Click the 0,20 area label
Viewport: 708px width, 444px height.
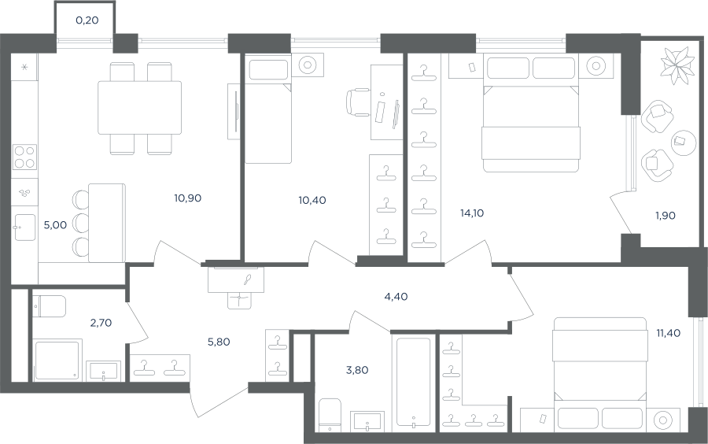[x=87, y=20]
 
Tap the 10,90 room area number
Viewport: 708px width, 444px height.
[x=187, y=198]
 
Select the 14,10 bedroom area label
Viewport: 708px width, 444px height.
[x=472, y=213]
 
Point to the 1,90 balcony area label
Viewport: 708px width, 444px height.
[x=666, y=216]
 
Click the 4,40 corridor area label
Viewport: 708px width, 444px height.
[x=396, y=297]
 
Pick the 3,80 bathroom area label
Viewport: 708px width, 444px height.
[x=357, y=370]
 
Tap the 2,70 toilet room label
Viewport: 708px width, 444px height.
[x=101, y=323]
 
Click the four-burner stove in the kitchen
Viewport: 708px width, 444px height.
[x=24, y=157]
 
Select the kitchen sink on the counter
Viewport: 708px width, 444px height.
[x=25, y=228]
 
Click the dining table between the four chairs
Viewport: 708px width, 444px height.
[x=140, y=108]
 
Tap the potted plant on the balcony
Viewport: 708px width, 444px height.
[x=677, y=65]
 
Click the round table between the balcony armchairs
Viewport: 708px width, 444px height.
[x=684, y=143]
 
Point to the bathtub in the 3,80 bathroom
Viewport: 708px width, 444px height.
[x=413, y=382]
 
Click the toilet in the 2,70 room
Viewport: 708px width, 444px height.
[x=50, y=306]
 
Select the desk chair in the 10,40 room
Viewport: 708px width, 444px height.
[x=359, y=102]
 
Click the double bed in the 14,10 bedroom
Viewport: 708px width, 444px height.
[x=531, y=113]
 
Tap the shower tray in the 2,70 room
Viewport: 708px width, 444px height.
[x=57, y=361]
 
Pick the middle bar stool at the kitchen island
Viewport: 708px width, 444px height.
[x=81, y=223]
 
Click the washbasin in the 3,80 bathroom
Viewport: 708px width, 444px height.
[x=367, y=420]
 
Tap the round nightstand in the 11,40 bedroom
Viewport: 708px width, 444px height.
[x=663, y=420]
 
